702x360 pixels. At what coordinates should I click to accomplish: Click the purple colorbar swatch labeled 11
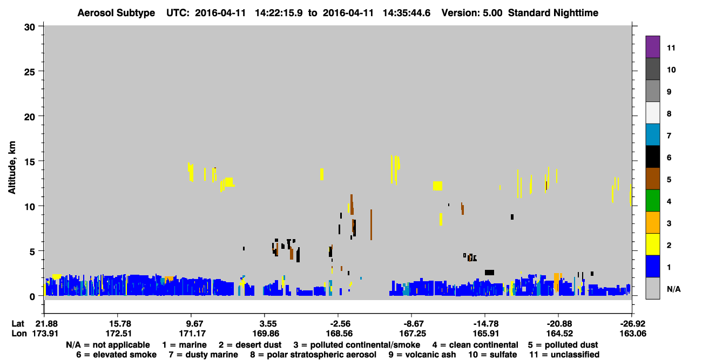tap(652, 46)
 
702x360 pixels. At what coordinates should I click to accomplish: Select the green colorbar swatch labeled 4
tap(652, 201)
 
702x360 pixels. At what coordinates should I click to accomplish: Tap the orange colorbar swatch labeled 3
tap(652, 222)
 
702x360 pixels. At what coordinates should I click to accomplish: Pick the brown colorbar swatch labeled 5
tap(652, 179)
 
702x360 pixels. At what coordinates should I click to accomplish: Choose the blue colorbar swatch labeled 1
tap(652, 266)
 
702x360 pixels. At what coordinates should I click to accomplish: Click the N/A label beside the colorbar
tap(673, 289)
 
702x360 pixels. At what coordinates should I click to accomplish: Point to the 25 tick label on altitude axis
tap(30, 72)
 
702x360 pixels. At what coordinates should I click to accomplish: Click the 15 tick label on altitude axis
tap(30, 162)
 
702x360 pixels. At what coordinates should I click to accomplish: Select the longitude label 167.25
tap(413, 334)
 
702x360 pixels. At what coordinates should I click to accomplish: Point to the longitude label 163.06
tap(632, 334)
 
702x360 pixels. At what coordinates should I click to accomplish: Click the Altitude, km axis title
tap(12, 168)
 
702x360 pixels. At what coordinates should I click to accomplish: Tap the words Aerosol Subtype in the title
tap(116, 13)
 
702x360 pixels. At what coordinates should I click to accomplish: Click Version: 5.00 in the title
tap(471, 13)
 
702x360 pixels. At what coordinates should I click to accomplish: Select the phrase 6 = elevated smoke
tap(116, 355)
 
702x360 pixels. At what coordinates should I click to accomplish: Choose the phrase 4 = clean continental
tap(475, 345)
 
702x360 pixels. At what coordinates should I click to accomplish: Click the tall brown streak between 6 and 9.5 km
tap(371, 225)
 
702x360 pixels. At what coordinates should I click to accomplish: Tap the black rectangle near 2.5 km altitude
tap(489, 273)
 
